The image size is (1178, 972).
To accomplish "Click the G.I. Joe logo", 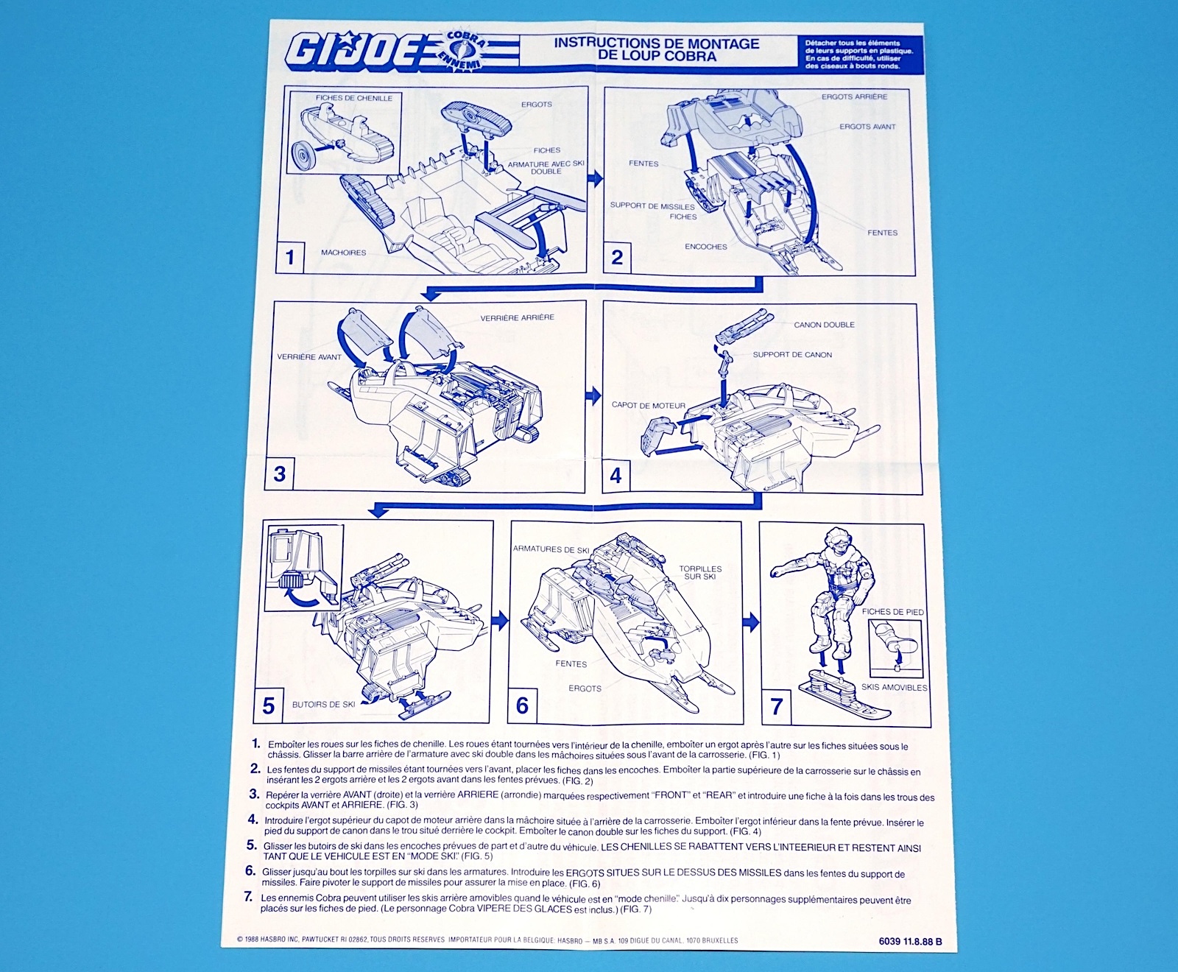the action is click(x=401, y=52).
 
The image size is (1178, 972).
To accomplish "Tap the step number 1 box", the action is click(x=290, y=257).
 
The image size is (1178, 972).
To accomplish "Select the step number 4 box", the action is click(x=616, y=475).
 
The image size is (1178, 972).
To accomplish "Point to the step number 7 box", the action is click(x=776, y=707).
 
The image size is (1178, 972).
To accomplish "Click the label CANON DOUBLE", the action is click(x=824, y=325).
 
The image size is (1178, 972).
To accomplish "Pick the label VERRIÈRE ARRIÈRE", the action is click(x=517, y=318).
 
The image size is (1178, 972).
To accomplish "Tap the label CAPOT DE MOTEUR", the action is click(x=648, y=406).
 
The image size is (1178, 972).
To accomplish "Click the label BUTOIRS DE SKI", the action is click(x=323, y=705).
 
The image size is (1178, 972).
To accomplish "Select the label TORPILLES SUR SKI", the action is click(x=700, y=572).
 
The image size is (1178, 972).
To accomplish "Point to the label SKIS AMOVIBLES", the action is click(x=894, y=688).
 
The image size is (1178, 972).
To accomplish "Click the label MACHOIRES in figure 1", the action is click(x=343, y=253).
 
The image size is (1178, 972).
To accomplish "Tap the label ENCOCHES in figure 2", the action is click(x=705, y=247).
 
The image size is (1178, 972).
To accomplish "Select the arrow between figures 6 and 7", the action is click(x=750, y=623).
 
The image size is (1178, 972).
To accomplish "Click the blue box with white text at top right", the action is click(x=858, y=53).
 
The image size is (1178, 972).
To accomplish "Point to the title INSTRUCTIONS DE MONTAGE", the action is click(x=656, y=43).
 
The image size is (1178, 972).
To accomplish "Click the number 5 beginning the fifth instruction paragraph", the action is click(x=252, y=845).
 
